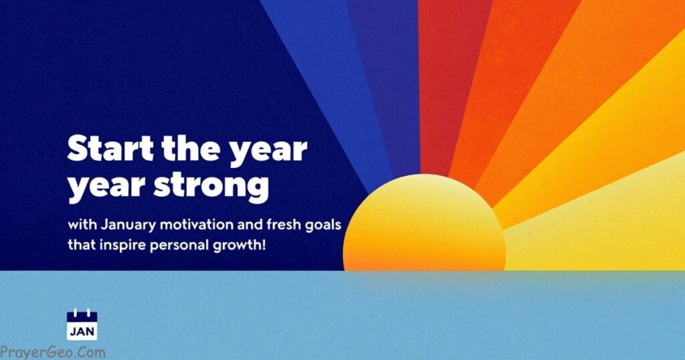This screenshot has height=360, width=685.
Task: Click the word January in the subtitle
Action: click(128, 225)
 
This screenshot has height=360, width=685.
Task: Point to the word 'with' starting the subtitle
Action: click(82, 225)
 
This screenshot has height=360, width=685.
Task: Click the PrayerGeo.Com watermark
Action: click(53, 352)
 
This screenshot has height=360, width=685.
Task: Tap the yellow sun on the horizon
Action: click(424, 223)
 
